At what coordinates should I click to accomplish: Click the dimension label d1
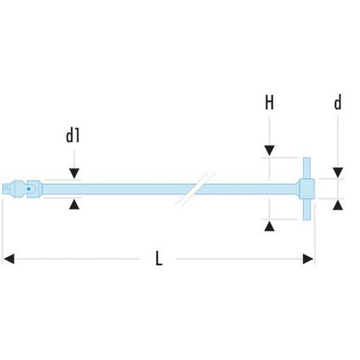(73, 136)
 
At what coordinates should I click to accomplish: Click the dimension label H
(269, 102)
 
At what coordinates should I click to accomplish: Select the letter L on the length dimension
(158, 258)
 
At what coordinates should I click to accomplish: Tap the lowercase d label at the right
(338, 102)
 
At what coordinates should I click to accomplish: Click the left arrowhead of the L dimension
(9, 259)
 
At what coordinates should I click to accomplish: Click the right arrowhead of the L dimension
(308, 259)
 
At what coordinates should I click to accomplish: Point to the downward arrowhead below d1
(74, 174)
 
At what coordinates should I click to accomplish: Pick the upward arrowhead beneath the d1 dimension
(74, 204)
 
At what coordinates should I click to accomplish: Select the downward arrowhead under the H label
(269, 150)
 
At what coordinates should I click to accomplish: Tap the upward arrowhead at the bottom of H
(269, 226)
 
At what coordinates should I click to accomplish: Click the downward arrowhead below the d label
(338, 173)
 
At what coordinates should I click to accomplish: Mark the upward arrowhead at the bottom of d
(338, 205)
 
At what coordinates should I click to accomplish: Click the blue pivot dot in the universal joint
(29, 189)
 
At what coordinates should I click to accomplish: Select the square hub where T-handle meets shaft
(307, 189)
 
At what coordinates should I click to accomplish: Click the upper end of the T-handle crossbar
(307, 158)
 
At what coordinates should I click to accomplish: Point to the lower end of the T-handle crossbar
(307, 220)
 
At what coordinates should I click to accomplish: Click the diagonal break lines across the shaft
(194, 189)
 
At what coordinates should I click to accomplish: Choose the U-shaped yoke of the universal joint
(35, 189)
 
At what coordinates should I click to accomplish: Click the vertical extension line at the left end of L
(2, 232)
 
